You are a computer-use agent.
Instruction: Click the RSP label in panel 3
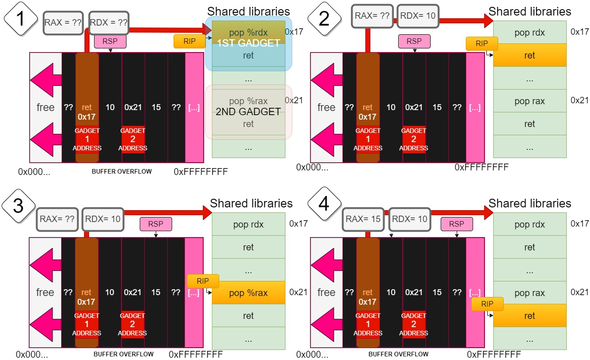156,224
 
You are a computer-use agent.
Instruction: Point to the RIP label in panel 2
482,43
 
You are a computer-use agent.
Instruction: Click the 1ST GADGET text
248,44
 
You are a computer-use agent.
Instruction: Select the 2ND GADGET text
248,112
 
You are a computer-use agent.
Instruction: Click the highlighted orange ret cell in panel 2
529,55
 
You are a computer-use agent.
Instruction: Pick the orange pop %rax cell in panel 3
248,293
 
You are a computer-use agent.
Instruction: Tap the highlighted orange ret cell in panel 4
529,316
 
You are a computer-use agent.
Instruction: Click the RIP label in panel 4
487,304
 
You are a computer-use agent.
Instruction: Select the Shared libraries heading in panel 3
251,203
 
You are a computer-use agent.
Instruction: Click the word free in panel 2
326,107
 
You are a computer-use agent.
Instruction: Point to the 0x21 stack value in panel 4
414,292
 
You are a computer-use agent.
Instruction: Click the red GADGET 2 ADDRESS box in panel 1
132,139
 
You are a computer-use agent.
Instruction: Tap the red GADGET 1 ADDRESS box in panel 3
86,324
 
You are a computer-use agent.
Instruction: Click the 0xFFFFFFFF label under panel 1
201,172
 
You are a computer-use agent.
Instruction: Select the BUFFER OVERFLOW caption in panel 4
398,354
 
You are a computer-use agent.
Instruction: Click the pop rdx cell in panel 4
529,224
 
